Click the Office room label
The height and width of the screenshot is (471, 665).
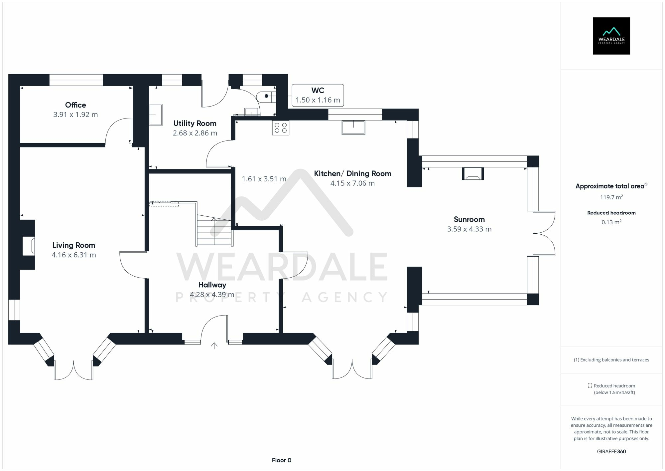[75, 105]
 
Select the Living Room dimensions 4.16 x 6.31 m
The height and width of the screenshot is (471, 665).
[74, 255]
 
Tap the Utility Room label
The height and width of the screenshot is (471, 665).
[195, 123]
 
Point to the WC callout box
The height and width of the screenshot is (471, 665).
[318, 95]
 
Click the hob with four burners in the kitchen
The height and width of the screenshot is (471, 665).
[281, 128]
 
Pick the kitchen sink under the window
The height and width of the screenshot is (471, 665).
[353, 127]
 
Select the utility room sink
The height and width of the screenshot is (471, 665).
[155, 115]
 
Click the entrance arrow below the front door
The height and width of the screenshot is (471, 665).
[214, 346]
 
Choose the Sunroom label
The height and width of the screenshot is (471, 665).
[469, 219]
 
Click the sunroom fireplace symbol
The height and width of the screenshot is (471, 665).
[472, 174]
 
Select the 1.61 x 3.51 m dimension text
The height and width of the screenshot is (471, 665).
[264, 179]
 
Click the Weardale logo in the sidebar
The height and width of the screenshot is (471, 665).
[611, 36]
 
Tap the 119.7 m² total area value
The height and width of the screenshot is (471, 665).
[611, 197]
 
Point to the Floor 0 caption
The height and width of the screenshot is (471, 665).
[281, 460]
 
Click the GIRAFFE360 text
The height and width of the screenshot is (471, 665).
[611, 452]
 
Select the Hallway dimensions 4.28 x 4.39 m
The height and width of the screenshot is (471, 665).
[212, 295]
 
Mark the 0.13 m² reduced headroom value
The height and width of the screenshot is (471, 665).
[611, 222]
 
